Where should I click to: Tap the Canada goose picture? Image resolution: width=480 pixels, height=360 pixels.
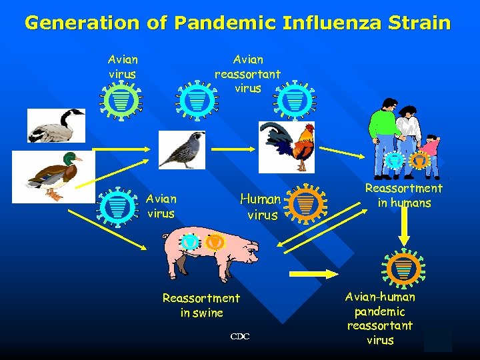pos(56,125)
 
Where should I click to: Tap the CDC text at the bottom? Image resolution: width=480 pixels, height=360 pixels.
pos(240,337)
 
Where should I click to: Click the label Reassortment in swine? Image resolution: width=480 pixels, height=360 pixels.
pos(201,305)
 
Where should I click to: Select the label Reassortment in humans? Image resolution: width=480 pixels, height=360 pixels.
pos(404,196)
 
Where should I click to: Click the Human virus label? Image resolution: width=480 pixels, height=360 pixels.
pos(261,207)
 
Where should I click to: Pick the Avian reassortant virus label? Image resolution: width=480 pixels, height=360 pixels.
pos(247,73)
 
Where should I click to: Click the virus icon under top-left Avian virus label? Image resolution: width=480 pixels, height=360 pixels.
pos(121,100)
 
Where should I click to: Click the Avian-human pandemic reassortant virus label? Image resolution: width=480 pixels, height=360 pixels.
pos(380,319)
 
